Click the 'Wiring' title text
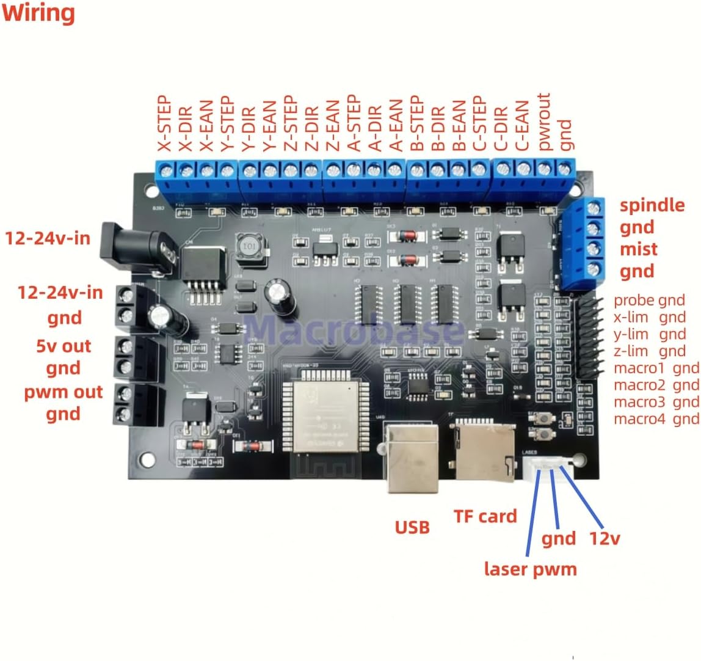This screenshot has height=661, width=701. (x=38, y=13)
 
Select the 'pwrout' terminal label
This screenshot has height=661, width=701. (x=545, y=121)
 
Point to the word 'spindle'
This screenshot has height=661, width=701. (x=652, y=205)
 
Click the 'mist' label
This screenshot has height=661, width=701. (x=638, y=249)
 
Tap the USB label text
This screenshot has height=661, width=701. (x=412, y=527)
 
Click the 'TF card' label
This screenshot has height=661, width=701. (x=485, y=516)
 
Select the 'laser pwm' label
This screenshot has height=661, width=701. (x=530, y=569)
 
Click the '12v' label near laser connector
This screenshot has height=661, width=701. (x=605, y=538)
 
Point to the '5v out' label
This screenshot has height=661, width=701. (x=64, y=346)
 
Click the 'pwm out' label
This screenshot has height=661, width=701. (x=64, y=392)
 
